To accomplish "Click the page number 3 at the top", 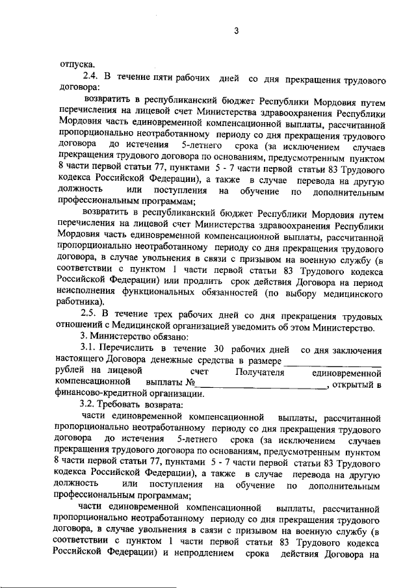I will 237,31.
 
